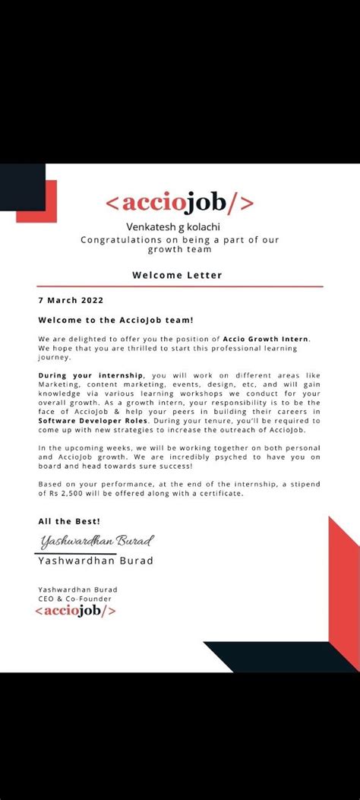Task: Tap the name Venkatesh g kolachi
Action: (x=180, y=226)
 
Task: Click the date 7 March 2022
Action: (x=71, y=300)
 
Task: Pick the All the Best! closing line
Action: (x=69, y=521)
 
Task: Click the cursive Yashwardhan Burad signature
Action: (x=96, y=541)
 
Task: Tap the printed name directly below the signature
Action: (x=95, y=561)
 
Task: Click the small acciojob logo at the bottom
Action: (x=76, y=610)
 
